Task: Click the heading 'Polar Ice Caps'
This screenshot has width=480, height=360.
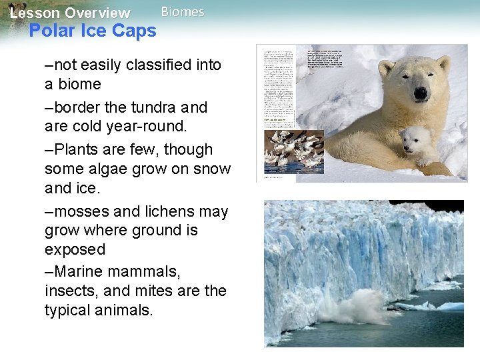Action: [x=93, y=31]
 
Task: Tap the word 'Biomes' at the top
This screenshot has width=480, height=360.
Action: [x=183, y=12]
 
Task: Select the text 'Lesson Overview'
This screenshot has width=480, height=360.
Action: [x=70, y=13]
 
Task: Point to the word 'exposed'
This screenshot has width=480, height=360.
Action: [x=75, y=249]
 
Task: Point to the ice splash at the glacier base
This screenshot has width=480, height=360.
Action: [x=359, y=308]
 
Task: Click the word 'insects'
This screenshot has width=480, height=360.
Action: [x=72, y=291]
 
